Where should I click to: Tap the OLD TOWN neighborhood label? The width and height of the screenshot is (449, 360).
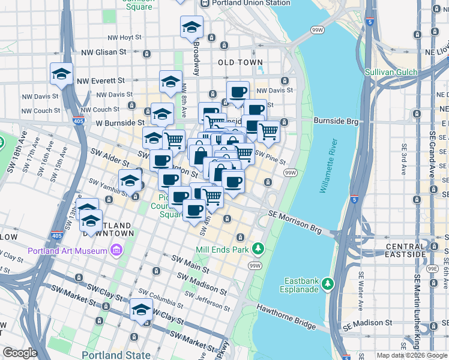coord(240,62)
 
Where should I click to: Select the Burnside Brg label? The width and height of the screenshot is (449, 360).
coord(336,121)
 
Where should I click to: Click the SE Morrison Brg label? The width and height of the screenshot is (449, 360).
coord(295,222)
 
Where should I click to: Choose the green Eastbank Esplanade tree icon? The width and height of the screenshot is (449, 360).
coord(328,282)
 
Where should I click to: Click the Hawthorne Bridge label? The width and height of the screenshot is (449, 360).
coord(286,316)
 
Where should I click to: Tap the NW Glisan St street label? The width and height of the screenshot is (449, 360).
coord(105,52)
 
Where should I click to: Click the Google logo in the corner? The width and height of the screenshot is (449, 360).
coord(19,353)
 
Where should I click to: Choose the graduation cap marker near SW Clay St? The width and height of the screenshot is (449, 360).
coord(141,310)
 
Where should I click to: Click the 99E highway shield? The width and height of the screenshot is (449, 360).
coord(433,269)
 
